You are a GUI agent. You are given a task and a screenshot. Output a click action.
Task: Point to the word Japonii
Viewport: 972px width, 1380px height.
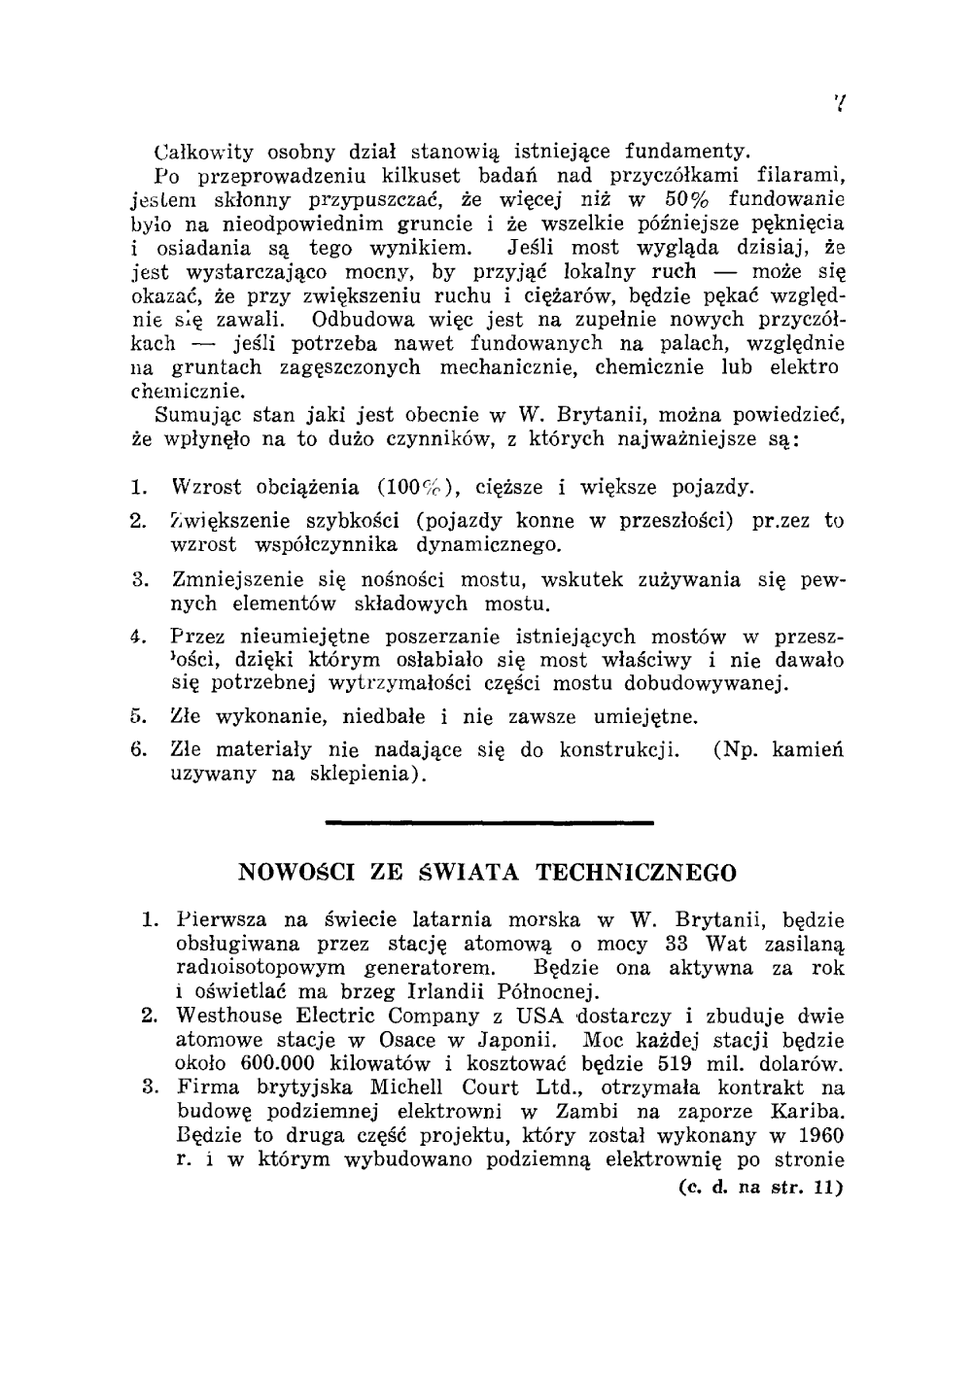(518, 1040)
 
